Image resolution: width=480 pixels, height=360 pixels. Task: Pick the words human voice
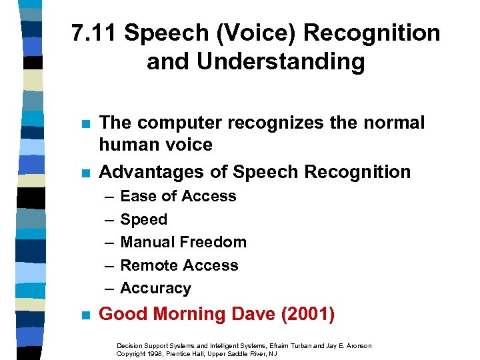coord(155,145)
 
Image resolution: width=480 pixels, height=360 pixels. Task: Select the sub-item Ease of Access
coord(178,196)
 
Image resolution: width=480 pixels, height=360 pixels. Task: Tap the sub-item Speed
coord(143,219)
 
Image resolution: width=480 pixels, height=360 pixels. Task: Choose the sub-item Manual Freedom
coord(183,242)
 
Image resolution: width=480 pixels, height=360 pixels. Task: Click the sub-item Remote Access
coord(179,265)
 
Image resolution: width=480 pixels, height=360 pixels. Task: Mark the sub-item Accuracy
coord(155,288)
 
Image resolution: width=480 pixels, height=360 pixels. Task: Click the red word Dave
coord(249,314)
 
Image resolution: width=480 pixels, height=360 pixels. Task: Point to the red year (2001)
coord(309,314)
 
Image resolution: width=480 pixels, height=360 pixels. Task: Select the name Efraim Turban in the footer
coord(288,345)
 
